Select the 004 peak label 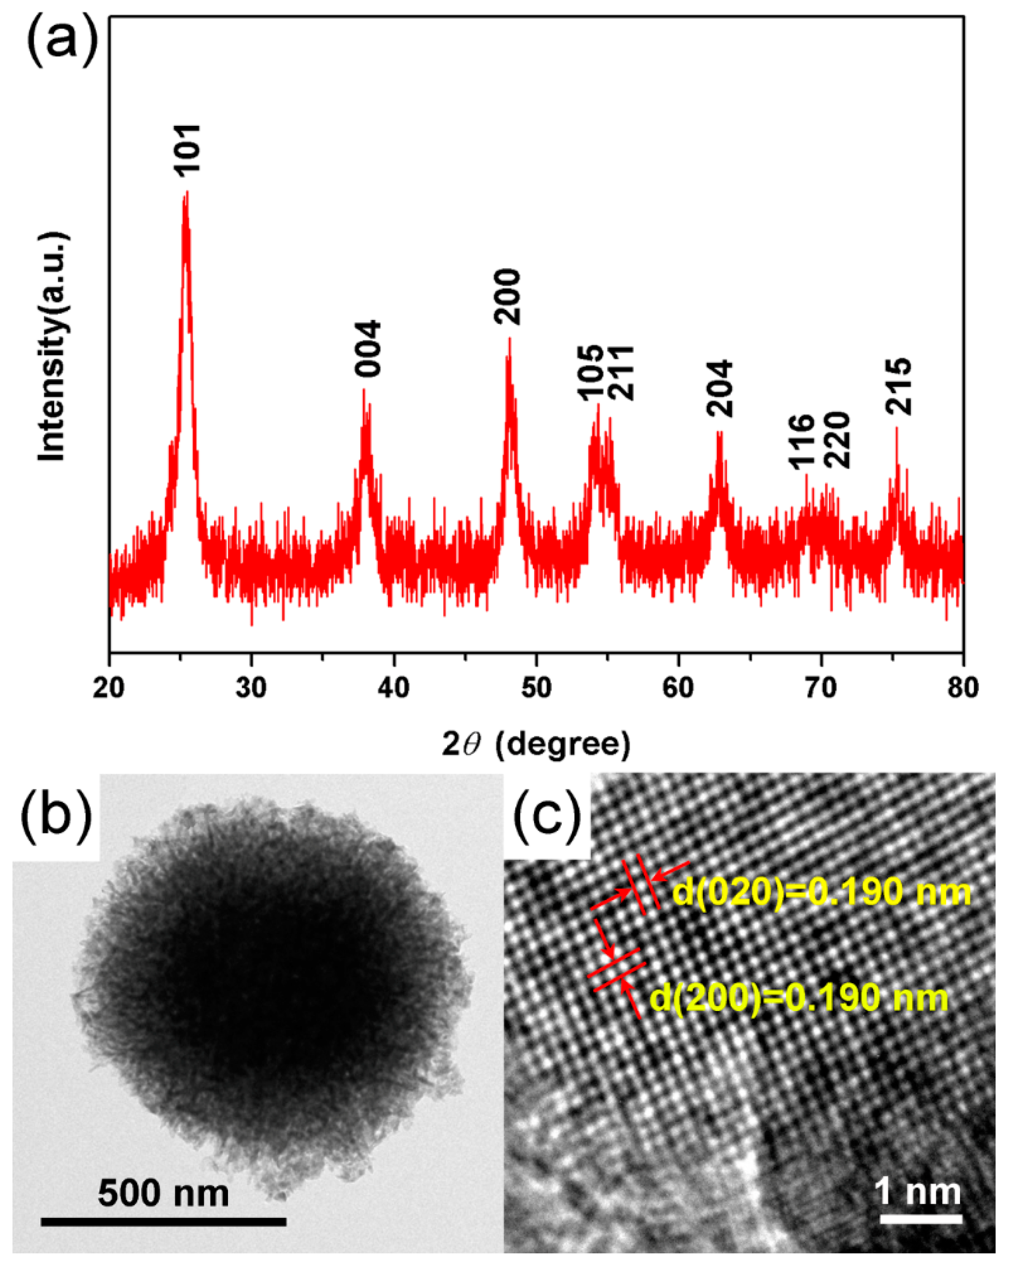coord(368,348)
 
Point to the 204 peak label coord(720,388)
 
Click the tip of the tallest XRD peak coord(186,192)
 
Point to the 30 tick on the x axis coord(252,687)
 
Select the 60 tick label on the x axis coord(678,687)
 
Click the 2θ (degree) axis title coord(536,744)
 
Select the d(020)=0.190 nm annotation coord(821,892)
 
